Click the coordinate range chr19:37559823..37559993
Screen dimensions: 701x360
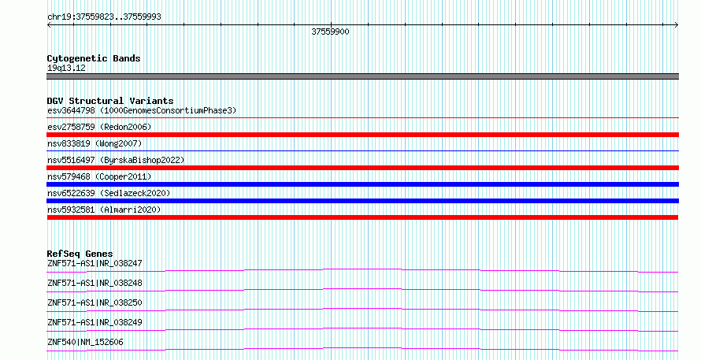tap(104, 17)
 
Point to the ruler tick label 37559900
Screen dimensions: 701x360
tap(330, 32)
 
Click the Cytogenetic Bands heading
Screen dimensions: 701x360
tap(94, 58)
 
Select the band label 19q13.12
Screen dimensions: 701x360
tap(66, 69)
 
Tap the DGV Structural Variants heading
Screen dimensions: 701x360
tap(110, 101)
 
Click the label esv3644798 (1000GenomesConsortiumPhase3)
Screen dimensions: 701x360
tap(142, 110)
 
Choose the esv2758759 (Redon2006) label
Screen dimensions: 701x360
tap(99, 127)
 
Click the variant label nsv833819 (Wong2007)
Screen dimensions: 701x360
tap(95, 143)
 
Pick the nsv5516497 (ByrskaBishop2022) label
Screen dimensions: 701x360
tap(116, 160)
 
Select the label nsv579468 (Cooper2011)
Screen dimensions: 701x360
tap(99, 176)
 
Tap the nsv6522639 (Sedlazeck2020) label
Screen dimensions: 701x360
tap(109, 193)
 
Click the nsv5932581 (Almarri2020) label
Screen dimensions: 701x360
tap(104, 210)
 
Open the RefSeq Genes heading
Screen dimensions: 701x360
tap(80, 254)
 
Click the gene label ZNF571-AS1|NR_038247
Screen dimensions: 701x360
tap(95, 263)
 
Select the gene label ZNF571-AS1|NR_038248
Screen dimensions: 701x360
tap(95, 283)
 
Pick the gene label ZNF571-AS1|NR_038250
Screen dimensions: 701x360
tap(95, 302)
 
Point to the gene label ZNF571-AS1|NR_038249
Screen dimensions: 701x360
tap(95, 322)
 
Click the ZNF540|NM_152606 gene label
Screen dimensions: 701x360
tap(85, 342)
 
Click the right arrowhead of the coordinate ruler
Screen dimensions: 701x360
tap(677, 25)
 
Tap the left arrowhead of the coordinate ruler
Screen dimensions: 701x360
tap(48, 25)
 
